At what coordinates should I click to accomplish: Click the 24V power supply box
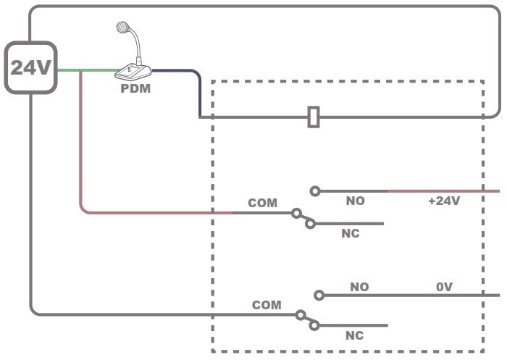[31, 67]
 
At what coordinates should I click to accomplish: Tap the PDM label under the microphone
[135, 90]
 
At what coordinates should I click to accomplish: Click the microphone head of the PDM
[124, 29]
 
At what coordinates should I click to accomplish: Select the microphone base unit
[133, 72]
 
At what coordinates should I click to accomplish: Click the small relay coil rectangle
[314, 117]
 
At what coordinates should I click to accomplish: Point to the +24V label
[443, 201]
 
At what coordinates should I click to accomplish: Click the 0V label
[444, 287]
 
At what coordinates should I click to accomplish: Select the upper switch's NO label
[355, 201]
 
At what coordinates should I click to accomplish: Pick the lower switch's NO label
[359, 287]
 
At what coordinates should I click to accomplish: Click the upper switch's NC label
[351, 233]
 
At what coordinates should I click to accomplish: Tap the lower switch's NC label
[354, 335]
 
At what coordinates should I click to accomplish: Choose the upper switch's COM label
[262, 203]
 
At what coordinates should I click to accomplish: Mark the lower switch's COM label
[267, 305]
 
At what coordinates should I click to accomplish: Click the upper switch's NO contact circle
[314, 191]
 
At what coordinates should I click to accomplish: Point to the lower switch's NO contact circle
[319, 295]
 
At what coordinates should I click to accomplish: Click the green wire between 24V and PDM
[87, 70]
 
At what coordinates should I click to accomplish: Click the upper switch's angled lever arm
[303, 218]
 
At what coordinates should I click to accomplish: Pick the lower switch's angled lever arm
[306, 320]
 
